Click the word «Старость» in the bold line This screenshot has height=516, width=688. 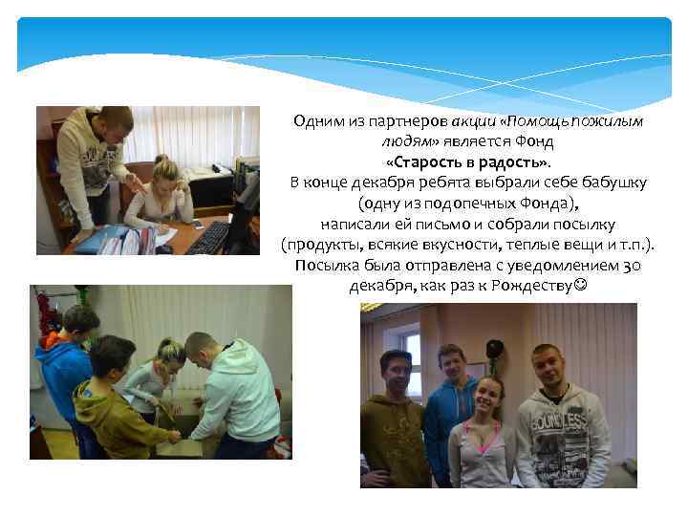coord(427,161)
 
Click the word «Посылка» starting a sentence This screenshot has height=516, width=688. coord(324,266)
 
